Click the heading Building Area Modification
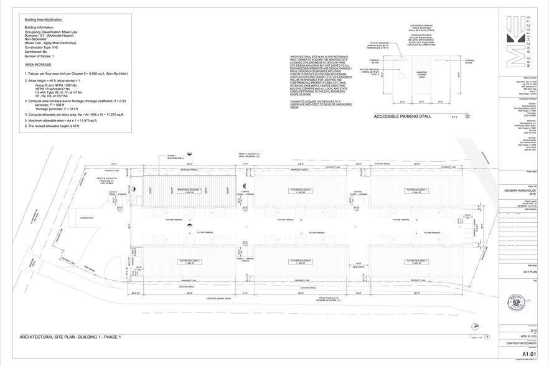click(x=43, y=20)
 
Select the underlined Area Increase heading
click(x=38, y=64)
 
